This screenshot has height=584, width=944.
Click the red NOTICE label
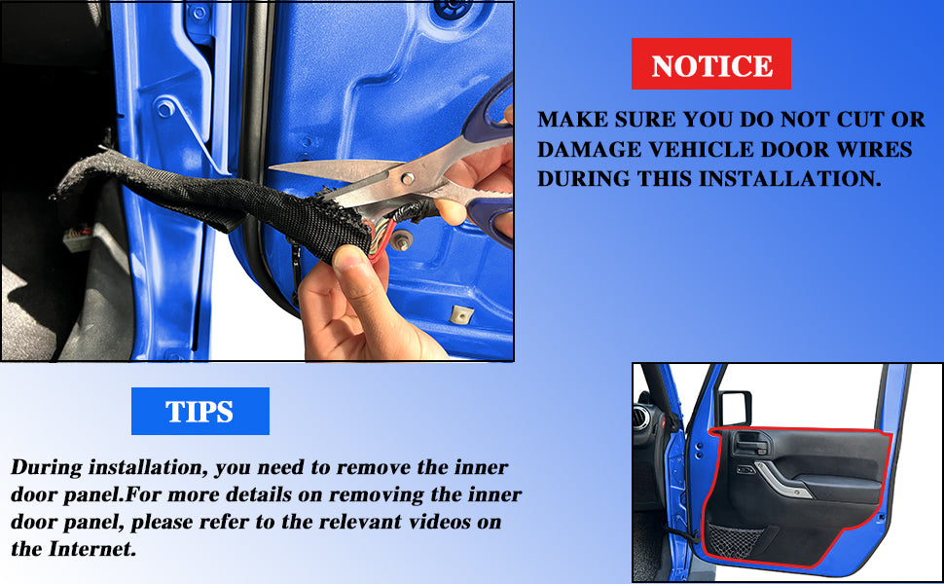tap(711, 64)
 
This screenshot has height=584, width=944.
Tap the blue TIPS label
tap(200, 411)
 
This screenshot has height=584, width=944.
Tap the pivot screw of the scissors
tap(408, 179)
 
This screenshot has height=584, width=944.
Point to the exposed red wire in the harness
tap(383, 239)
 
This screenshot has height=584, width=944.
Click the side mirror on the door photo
tap(735, 408)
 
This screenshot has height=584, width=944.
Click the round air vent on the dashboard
tap(642, 417)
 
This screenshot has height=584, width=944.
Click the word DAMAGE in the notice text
tap(582, 149)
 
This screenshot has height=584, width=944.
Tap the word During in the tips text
tap(47, 468)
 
